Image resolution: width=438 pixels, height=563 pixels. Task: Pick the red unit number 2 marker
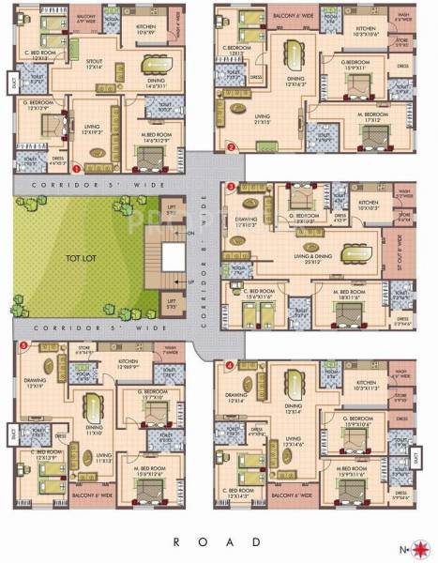click(x=231, y=147)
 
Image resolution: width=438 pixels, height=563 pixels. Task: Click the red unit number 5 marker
click(x=22, y=346)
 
